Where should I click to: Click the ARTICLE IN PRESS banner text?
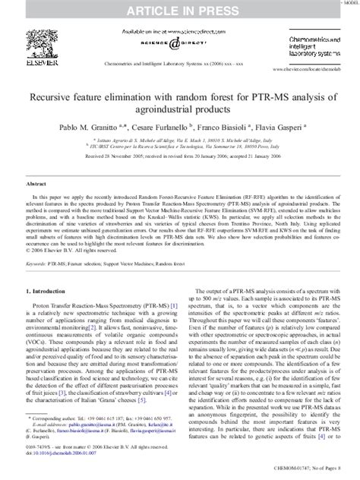click(x=179, y=9)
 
